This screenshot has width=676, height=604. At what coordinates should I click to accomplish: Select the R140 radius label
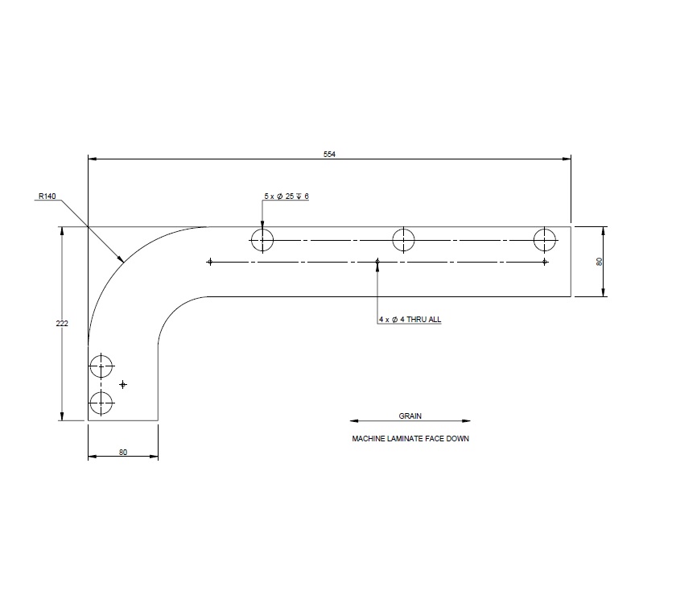pos(46,196)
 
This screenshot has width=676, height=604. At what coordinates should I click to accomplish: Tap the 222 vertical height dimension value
pos(62,323)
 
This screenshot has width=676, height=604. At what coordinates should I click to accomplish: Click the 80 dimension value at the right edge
pos(599,262)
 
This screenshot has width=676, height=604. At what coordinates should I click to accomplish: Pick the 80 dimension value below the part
pos(123,452)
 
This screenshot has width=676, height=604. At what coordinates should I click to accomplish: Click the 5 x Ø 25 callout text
pos(286,197)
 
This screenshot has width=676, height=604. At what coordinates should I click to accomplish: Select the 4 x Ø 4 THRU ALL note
pos(410,320)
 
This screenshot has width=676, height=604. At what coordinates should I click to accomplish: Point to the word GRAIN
pos(410,416)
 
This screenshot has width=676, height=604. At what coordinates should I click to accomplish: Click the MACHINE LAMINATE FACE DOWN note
pos(410,440)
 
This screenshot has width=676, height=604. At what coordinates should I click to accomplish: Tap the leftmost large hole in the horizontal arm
pos(262,239)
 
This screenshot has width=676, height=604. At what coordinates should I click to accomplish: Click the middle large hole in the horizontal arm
pos(403,239)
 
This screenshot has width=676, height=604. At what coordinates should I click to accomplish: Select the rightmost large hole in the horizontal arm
pos(545,239)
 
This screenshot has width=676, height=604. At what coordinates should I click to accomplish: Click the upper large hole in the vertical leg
pos(101,366)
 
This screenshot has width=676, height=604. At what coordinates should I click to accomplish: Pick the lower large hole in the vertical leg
pos(101,402)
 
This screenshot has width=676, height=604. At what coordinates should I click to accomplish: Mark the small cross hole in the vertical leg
pos(122,384)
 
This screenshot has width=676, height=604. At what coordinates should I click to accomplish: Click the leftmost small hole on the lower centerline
pos(210,262)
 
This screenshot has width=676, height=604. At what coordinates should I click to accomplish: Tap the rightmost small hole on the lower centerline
pos(545,262)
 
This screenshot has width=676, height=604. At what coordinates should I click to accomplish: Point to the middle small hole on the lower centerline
pos(377,262)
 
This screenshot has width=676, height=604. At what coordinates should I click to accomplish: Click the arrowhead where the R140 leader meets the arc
pos(122,261)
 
